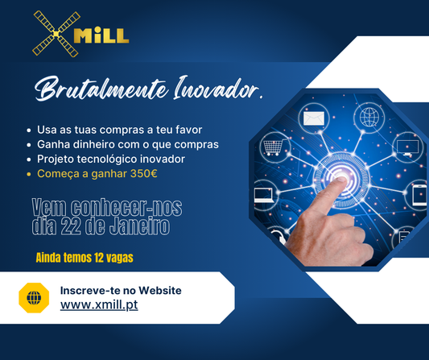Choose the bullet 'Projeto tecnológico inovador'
[x=110, y=159]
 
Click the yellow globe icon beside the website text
[x=34, y=298]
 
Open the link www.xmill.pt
[x=98, y=306]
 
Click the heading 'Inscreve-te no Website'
[x=121, y=290]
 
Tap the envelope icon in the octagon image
[x=312, y=120]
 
